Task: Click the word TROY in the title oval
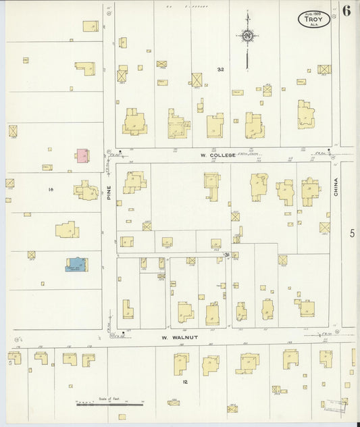click(x=313, y=21)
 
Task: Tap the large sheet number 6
click(x=346, y=11)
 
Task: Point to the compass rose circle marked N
click(x=248, y=35)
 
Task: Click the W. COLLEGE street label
click(x=217, y=155)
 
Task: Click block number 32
click(x=220, y=70)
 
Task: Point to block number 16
click(x=51, y=190)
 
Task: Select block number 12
click(x=184, y=382)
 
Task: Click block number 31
click(x=228, y=254)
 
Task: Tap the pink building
click(x=82, y=156)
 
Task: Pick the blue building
click(x=76, y=264)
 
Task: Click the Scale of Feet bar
click(x=109, y=405)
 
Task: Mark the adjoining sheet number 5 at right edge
click(x=352, y=233)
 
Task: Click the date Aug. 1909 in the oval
click(x=313, y=14)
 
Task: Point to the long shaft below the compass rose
click(x=248, y=57)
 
